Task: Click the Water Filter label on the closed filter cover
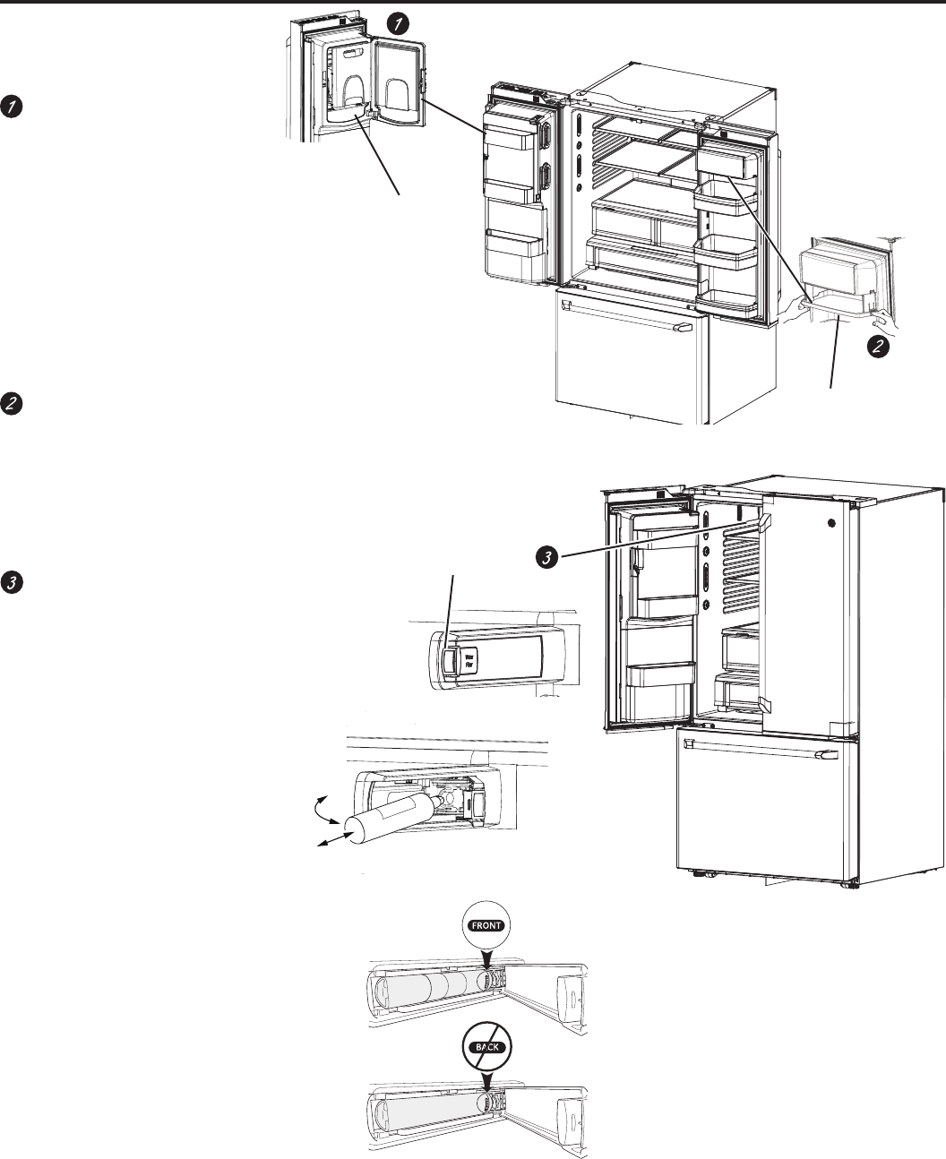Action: coord(469,661)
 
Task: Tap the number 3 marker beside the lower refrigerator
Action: coord(541,557)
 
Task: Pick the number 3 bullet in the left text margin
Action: coord(11,581)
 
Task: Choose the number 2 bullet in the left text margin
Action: coord(11,403)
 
